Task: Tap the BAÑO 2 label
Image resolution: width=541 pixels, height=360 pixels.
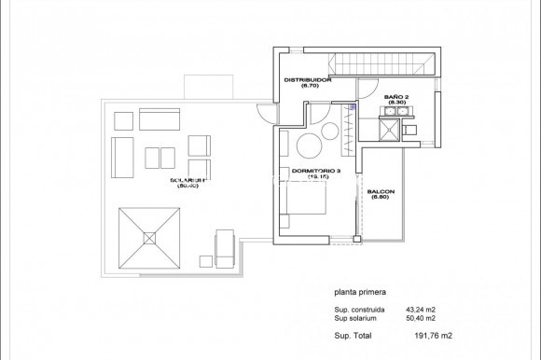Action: pyautogui.click(x=395, y=97)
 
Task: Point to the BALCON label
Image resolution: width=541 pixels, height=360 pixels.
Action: pyautogui.click(x=381, y=194)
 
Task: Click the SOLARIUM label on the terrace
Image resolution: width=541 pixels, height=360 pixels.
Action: pyautogui.click(x=188, y=182)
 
